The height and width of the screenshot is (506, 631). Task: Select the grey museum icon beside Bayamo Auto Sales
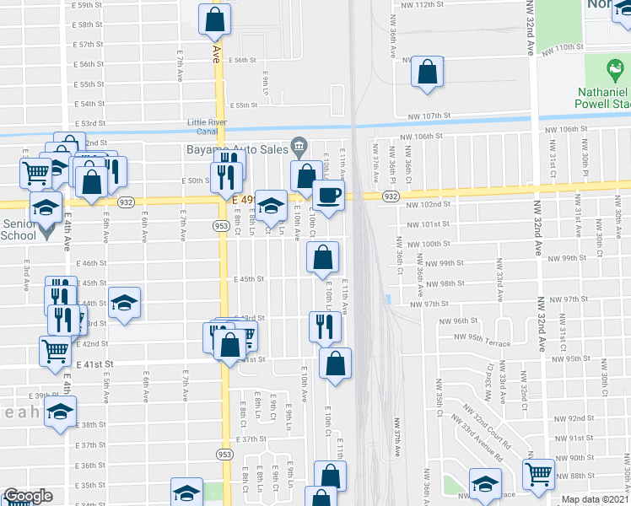[296, 143]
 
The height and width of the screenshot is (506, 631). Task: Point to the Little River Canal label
[209, 126]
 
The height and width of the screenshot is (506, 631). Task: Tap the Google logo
[28, 496]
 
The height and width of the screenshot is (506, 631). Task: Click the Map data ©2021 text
[594, 499]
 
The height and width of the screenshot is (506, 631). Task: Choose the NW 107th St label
[429, 116]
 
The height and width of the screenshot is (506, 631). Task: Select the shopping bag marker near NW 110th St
[428, 73]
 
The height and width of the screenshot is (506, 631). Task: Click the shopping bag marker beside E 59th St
[215, 19]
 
